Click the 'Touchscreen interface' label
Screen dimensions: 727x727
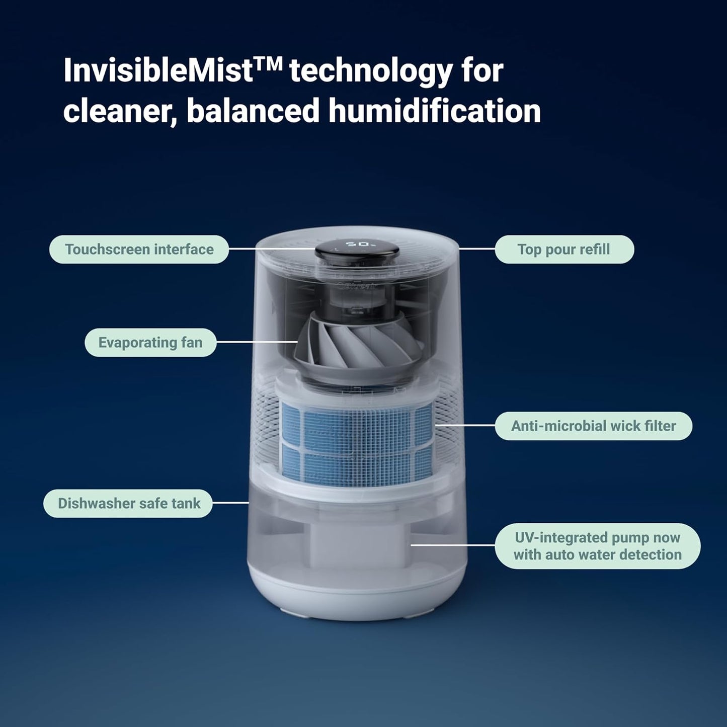tap(139, 249)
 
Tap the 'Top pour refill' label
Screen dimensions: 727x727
tap(564, 249)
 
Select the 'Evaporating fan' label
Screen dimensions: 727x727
tap(150, 343)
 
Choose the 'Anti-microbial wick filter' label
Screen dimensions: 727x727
tap(593, 426)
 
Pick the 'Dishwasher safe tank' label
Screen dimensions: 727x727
tap(128, 503)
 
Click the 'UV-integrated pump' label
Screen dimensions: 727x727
tap(597, 546)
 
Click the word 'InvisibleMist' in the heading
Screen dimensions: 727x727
tap(158, 71)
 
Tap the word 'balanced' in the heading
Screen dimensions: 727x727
tap(253, 111)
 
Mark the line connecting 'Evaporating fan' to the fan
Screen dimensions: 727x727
tap(257, 342)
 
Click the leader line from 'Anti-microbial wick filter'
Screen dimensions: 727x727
tap(465, 425)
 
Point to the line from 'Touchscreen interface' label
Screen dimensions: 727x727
tap(272, 249)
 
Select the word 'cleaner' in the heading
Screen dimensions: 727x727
tap(119, 111)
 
